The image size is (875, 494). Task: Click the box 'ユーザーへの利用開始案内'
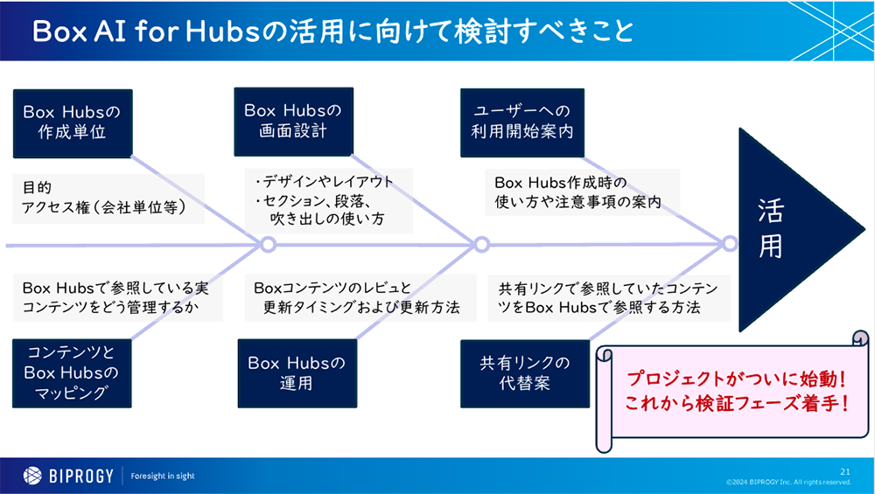pos(521,122)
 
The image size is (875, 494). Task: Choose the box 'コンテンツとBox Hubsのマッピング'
pos(72,372)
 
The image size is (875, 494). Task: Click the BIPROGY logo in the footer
pos(66,475)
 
